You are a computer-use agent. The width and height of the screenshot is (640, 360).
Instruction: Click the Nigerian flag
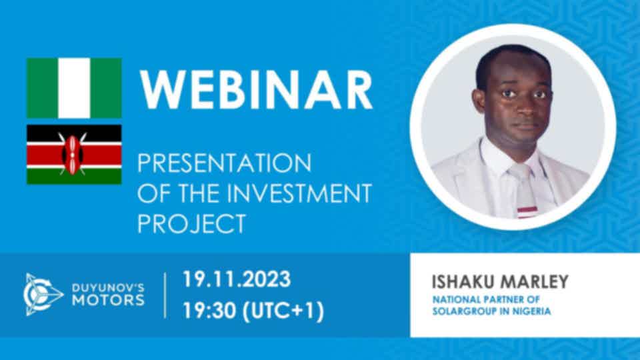(74, 88)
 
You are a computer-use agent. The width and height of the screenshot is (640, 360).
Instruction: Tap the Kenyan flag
(74, 155)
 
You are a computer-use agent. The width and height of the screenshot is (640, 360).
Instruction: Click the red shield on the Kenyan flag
(72, 155)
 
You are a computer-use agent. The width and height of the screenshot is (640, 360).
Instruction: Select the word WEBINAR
(256, 90)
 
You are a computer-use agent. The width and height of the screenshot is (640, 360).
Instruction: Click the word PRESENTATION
(225, 163)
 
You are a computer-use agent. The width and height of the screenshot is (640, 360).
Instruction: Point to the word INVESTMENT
(299, 193)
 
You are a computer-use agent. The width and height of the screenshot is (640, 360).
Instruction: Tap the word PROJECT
(191, 223)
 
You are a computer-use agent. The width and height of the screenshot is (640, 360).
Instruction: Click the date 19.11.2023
(236, 279)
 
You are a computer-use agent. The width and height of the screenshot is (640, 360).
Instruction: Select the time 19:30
(209, 311)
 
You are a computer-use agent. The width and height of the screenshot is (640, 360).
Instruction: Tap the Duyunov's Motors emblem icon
(43, 294)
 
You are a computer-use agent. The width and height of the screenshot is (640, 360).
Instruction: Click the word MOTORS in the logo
(108, 301)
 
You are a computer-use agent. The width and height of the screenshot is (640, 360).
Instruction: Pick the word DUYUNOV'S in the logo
(108, 288)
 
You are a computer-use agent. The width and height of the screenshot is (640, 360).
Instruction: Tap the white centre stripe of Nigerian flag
(74, 88)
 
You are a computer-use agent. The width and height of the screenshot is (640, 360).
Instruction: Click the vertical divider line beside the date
(165, 295)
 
